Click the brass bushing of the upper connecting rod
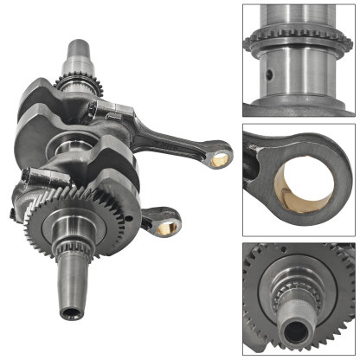pos(220,156)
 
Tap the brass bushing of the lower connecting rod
pos(166,228)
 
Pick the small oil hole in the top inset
pos(271,77)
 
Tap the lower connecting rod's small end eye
pos(165,227)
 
